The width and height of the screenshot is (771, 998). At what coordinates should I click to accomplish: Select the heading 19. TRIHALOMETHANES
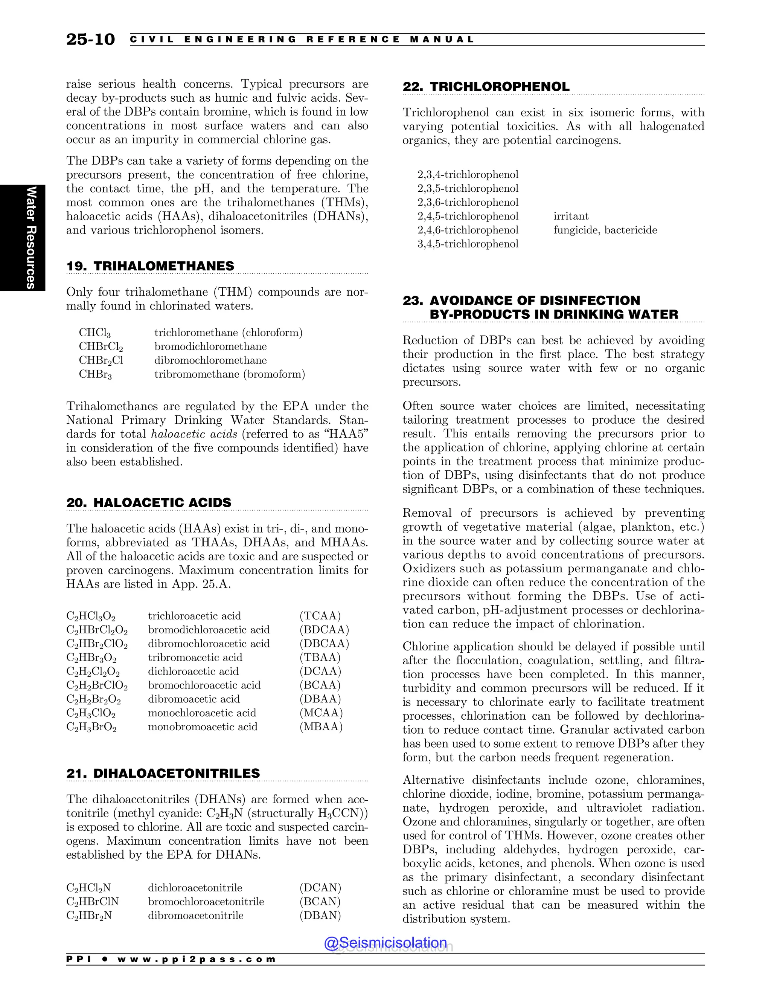coord(150,266)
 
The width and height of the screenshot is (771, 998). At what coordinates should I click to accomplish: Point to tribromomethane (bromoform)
coord(229,374)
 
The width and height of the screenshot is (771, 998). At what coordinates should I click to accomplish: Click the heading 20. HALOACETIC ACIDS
coord(149,503)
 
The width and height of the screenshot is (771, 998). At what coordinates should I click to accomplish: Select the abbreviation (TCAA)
coord(320,616)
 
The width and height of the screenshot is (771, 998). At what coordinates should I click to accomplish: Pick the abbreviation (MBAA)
coord(321,726)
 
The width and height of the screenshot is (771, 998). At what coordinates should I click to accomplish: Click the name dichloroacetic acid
coord(193,671)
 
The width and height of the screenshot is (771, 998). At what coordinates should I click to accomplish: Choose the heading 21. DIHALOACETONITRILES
coord(163,773)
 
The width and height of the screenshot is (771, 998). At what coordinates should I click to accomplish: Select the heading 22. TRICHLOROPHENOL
coord(486,87)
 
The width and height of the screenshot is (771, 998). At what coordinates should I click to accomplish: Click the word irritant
coord(571,216)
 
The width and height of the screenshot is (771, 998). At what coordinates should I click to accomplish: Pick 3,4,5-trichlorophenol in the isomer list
coord(468,244)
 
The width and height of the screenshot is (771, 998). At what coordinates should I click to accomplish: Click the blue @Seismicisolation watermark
coord(385,943)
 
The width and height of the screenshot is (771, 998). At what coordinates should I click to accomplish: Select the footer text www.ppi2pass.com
coord(197,959)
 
